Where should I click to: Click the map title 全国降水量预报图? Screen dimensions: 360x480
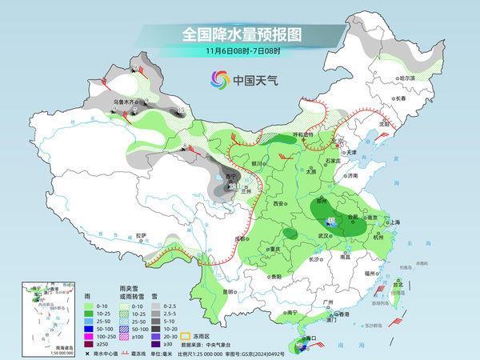pos(240,34)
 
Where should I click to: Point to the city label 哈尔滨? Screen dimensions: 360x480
pos(409,78)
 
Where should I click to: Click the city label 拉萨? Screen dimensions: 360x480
pos(142,235)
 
